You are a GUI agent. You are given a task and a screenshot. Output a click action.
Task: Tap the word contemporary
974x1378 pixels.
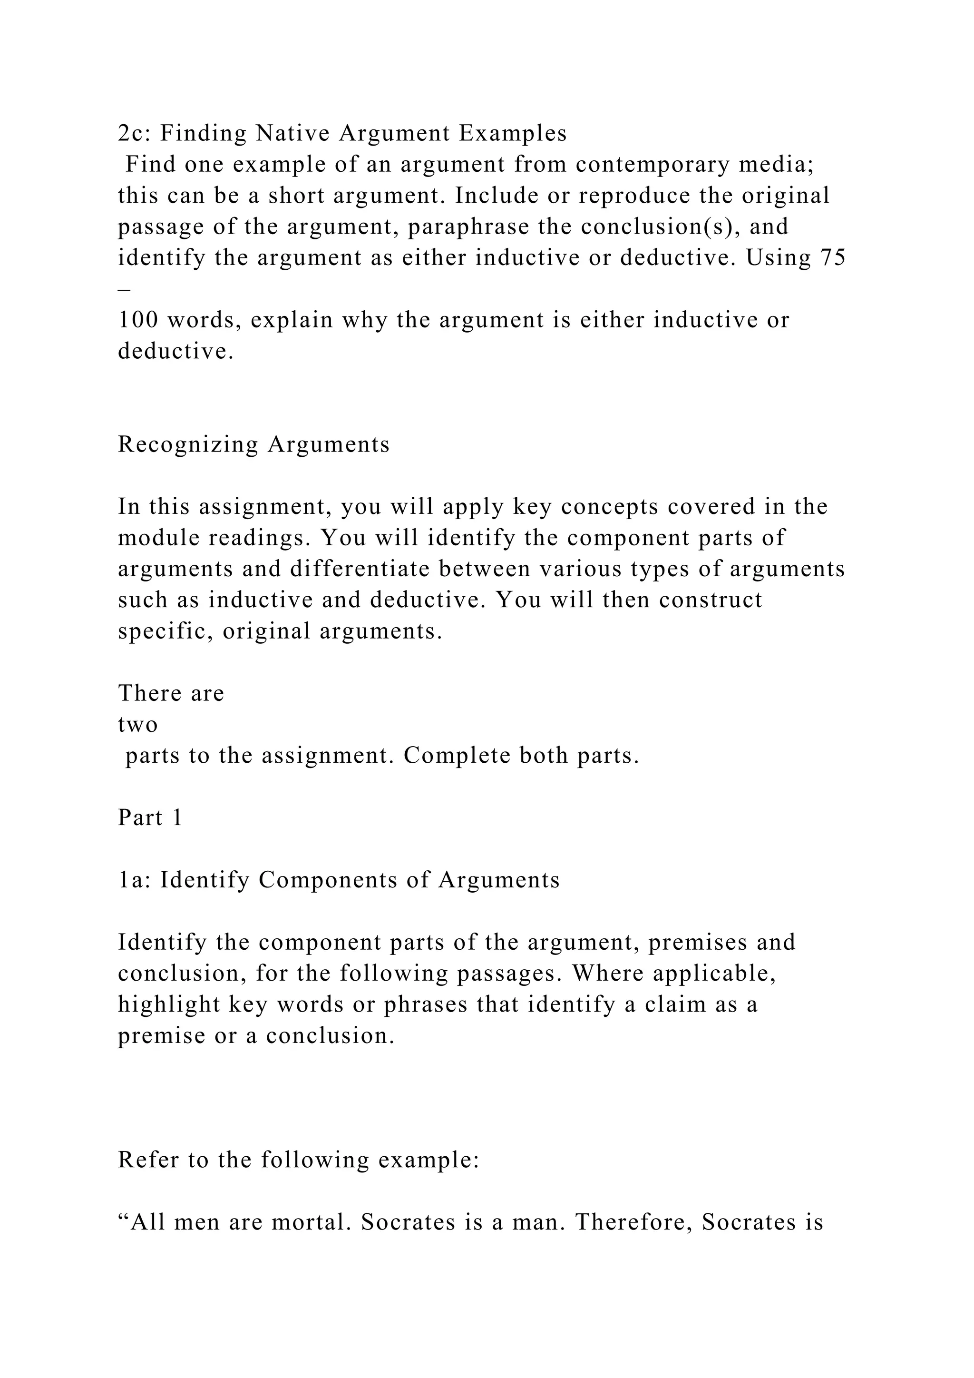click(652, 165)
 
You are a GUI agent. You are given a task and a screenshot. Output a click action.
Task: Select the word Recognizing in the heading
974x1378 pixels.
click(188, 445)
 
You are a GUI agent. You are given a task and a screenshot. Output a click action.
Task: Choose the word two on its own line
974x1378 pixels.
click(137, 724)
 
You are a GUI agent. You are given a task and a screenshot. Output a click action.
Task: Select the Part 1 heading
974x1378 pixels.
click(150, 818)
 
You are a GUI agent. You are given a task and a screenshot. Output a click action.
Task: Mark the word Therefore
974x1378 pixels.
click(633, 1222)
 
